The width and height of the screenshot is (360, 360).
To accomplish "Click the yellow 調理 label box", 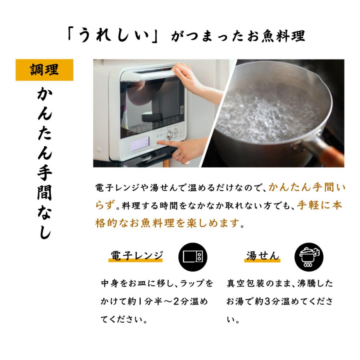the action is pos(44,70).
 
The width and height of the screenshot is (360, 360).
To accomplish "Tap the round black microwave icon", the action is pos(193,257).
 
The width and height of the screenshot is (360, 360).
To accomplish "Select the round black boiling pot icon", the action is pos(309,257).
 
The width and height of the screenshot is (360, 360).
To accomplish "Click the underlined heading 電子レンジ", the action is pos(137,256).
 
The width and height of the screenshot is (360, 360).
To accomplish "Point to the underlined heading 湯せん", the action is pos(262,256).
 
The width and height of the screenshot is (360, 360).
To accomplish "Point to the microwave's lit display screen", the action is pos(140,144).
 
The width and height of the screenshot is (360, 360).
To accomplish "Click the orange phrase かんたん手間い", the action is pos(307,188).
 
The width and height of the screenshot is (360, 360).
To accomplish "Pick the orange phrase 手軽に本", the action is pos(320,205).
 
